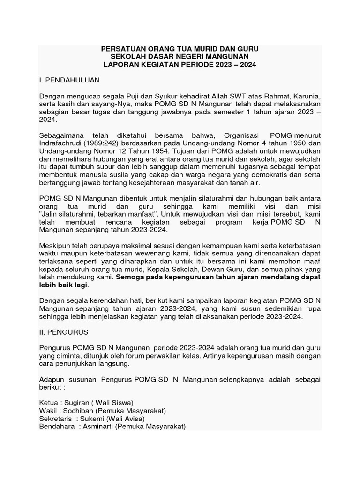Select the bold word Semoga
(x=129, y=277)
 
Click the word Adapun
(x=52, y=379)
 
